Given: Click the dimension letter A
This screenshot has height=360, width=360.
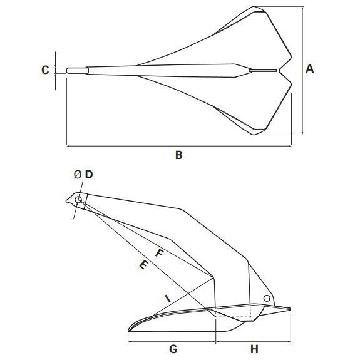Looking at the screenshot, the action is pyautogui.click(x=309, y=69).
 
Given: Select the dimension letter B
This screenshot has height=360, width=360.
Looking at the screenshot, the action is pyautogui.click(x=178, y=155).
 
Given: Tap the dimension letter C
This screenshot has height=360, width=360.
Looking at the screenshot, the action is pyautogui.click(x=45, y=69).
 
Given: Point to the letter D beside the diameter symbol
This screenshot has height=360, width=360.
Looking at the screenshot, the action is pyautogui.click(x=89, y=175).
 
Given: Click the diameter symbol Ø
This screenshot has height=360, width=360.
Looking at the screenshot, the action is pyautogui.click(x=78, y=175).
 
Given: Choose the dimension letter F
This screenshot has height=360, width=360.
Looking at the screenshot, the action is pyautogui.click(x=159, y=253).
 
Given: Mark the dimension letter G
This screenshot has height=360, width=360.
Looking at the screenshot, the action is pyautogui.click(x=173, y=349).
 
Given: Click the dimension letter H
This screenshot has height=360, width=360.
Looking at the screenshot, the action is pyautogui.click(x=254, y=349).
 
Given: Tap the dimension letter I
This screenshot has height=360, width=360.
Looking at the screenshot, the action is pyautogui.click(x=168, y=299).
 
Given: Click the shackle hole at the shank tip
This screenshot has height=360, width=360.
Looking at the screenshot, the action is pyautogui.click(x=78, y=200).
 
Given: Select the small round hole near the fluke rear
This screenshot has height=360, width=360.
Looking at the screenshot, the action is pyautogui.click(x=267, y=298).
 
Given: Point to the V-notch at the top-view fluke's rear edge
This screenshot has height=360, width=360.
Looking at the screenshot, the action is pyautogui.click(x=279, y=71).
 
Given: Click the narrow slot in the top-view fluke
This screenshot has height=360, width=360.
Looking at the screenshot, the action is pyautogui.click(x=263, y=71).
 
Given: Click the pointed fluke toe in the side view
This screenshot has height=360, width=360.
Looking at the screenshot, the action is pyautogui.click(x=129, y=331).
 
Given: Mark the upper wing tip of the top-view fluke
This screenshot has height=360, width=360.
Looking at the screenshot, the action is pyautogui.click(x=254, y=7).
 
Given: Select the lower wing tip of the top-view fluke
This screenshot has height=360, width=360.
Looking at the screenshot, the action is pyautogui.click(x=254, y=135).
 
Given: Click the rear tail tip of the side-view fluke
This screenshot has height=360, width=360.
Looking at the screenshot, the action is pyautogui.click(x=291, y=309).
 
